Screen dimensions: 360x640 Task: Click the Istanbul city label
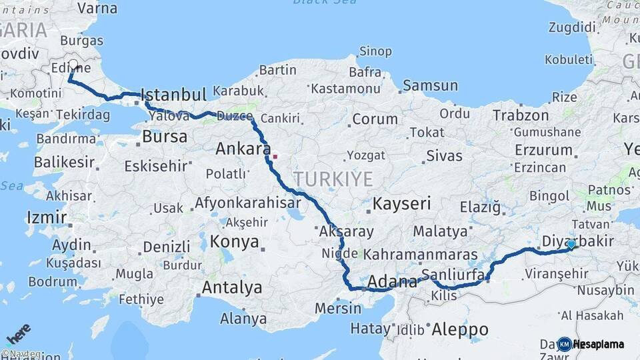click(x=174, y=95)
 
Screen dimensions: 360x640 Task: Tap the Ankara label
click(x=243, y=149)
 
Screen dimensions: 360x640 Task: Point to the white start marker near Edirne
click(x=73, y=65)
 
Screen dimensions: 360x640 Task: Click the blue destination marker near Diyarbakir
click(x=571, y=245)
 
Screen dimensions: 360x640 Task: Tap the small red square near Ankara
click(x=275, y=157)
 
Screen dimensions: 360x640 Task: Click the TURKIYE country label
click(x=333, y=178)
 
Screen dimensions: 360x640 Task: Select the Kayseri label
click(x=402, y=203)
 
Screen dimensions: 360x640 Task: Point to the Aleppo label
click(x=460, y=329)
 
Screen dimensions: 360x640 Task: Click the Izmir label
click(x=46, y=217)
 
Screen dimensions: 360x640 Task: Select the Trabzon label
click(x=520, y=115)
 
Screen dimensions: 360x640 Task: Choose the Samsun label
click(x=430, y=85)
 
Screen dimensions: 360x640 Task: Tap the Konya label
click(x=234, y=242)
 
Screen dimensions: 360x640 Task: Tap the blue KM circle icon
click(x=565, y=344)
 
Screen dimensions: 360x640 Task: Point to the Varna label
click(x=97, y=9)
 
